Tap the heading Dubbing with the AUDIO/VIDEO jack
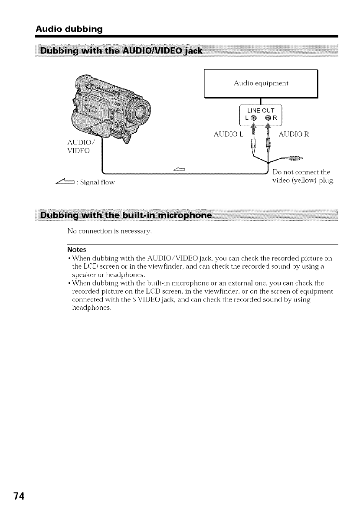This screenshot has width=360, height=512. pos(122,52)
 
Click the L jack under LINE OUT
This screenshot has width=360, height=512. pos(254,118)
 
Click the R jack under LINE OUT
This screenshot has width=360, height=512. pos(268,118)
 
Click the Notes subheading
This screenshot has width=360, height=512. pos(77,250)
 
